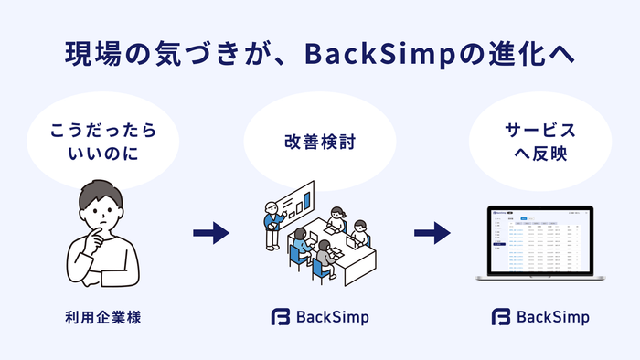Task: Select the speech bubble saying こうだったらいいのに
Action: point(97,142)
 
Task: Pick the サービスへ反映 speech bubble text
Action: point(541,143)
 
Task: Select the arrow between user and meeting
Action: point(211,233)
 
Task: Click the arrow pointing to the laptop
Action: point(432,233)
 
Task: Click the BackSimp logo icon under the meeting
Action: point(280,318)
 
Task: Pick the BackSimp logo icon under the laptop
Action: point(501,318)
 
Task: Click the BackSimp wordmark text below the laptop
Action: point(553,318)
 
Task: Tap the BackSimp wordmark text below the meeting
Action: point(333,318)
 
